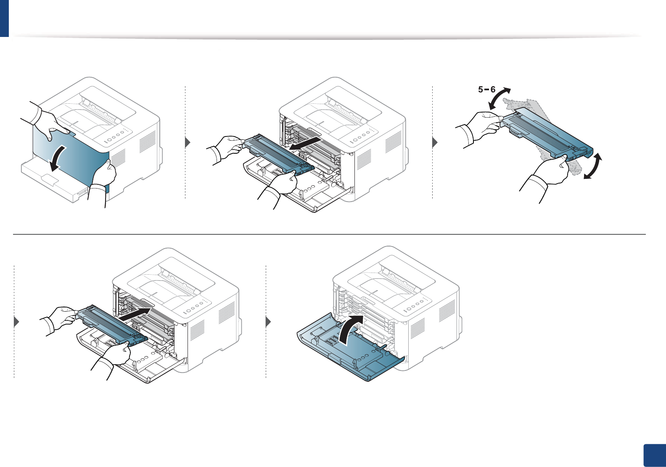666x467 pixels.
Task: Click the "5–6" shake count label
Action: tap(486, 89)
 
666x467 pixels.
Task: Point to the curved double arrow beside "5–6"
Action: tap(500, 98)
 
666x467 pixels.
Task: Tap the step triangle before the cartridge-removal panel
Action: tap(188, 142)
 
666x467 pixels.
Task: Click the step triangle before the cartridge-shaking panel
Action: tap(435, 142)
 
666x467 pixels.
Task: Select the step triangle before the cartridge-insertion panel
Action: tap(17, 322)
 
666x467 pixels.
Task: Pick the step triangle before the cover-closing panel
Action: tap(269, 322)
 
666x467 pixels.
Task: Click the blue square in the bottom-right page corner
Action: tap(655, 455)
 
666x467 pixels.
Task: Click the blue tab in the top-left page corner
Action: tap(4, 18)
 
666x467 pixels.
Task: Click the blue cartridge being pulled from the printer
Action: tap(277, 155)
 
